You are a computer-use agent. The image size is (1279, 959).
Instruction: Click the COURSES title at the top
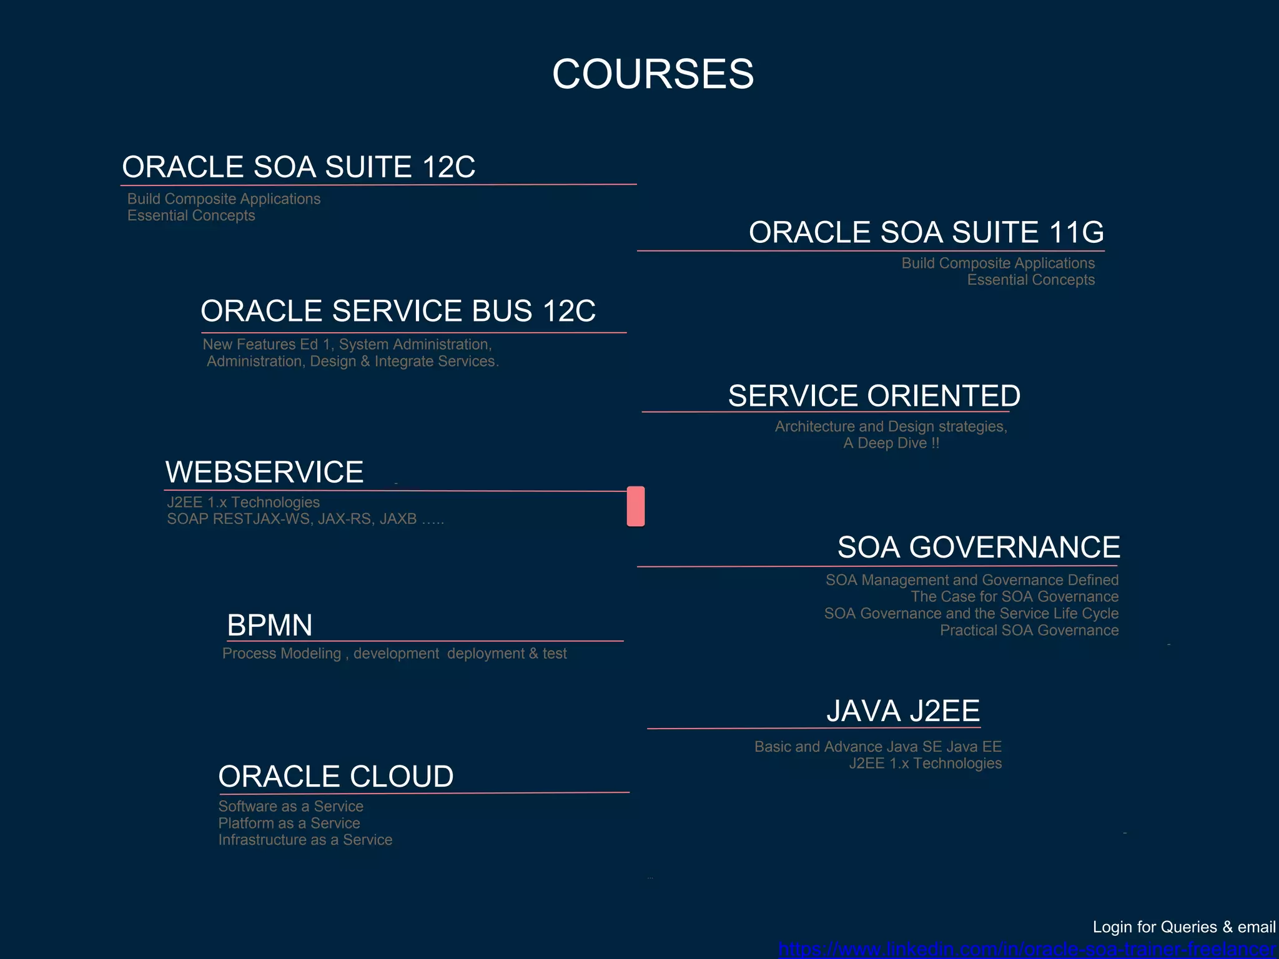pos(653,74)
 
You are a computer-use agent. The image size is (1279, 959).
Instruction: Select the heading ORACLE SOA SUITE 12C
pos(299,167)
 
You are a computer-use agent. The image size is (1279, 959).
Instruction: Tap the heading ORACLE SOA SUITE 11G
pos(926,232)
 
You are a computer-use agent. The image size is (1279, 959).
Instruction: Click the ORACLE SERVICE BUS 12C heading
pos(398,311)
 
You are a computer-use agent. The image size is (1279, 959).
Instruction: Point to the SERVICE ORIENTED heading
pos(874,396)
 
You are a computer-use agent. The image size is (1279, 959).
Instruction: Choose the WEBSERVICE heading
pos(264,472)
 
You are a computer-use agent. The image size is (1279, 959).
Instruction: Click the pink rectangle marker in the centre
pos(636,506)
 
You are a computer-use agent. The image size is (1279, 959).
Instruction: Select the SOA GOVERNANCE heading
pos(978,548)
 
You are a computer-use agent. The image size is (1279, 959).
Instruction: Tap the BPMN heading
pos(270,625)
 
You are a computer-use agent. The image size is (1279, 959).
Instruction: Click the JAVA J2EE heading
pos(903,711)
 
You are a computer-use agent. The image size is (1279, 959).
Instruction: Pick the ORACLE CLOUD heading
pos(336,777)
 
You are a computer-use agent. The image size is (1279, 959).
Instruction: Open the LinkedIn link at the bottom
pos(1027,950)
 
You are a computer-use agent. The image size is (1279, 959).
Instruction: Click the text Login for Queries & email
pos(1183,927)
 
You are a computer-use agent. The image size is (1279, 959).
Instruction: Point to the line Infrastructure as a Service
pos(305,840)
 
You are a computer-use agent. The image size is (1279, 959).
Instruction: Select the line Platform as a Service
pos(289,824)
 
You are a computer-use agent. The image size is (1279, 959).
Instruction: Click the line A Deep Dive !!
pos(891,443)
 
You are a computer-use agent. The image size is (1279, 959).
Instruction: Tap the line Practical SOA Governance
pos(1029,631)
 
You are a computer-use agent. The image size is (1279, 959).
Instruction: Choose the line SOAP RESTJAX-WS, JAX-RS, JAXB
pos(305,519)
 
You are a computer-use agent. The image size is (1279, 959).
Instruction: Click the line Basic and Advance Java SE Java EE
pos(877,747)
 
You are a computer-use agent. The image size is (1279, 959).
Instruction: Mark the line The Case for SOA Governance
pos(1014,597)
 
